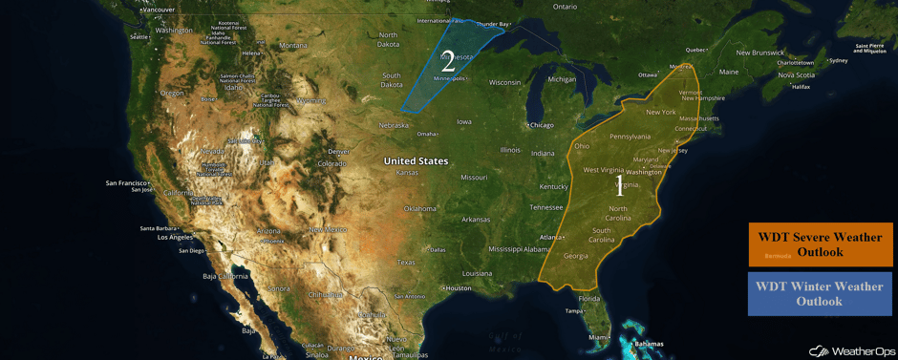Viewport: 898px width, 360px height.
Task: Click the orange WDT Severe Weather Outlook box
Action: tap(821, 244)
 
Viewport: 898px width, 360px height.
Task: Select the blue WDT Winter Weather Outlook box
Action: tap(821, 293)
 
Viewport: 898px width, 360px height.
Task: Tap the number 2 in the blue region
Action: tap(448, 63)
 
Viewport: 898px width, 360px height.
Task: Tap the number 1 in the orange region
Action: tap(619, 185)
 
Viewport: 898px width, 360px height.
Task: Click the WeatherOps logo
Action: tap(853, 350)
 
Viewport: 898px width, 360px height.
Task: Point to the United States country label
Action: tap(416, 161)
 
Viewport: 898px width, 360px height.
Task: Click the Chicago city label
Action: tap(541, 125)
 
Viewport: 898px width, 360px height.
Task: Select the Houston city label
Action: tap(459, 287)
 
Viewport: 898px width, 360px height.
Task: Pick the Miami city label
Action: tap(598, 337)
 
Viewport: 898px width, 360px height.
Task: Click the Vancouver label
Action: tap(158, 10)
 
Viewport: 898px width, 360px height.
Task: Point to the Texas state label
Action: tap(406, 262)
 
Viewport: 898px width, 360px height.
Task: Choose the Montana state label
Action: tap(293, 45)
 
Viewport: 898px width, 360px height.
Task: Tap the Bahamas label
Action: tap(649, 344)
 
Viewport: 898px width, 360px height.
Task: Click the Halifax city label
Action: tap(801, 87)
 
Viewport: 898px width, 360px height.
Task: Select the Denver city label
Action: tap(339, 152)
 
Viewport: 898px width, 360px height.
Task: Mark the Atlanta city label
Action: tap(550, 237)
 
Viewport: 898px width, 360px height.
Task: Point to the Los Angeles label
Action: tap(175, 237)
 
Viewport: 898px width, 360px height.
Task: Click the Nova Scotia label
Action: tap(796, 74)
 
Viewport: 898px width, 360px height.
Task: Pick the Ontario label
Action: tap(565, 7)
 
